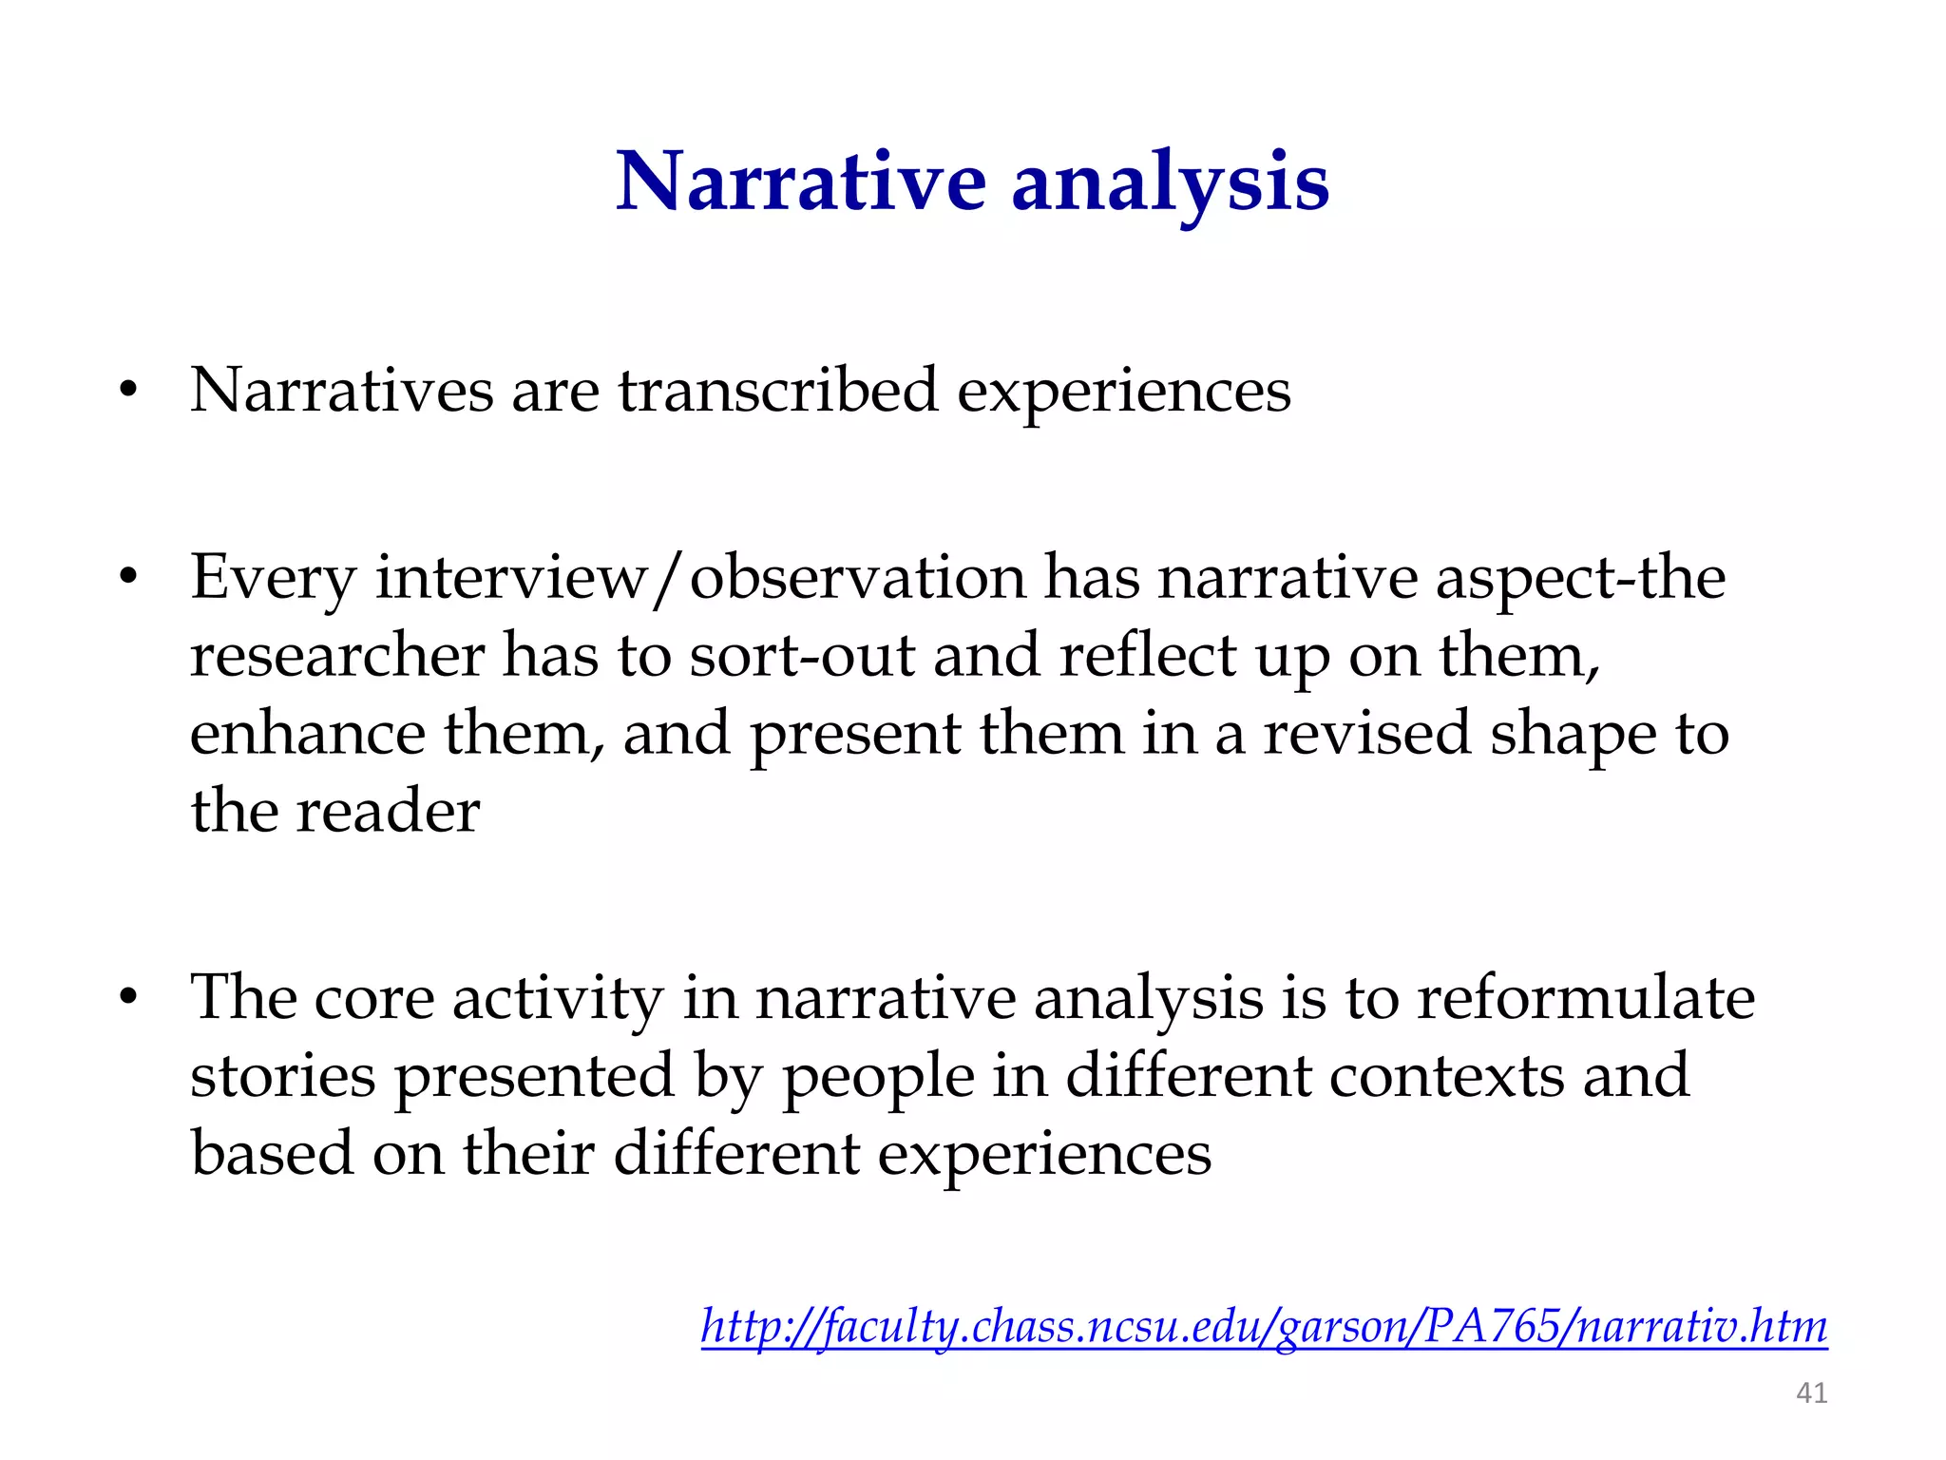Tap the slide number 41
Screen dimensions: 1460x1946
pos(1811,1393)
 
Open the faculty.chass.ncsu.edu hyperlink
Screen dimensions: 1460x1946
pos(1264,1326)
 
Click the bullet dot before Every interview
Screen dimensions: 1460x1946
pos(128,578)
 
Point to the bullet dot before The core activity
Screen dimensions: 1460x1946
pos(128,998)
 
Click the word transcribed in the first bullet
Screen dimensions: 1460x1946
pos(778,391)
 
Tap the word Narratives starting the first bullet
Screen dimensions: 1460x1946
pos(341,391)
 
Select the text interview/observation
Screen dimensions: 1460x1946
pos(701,578)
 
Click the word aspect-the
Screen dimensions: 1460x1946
pos(1580,578)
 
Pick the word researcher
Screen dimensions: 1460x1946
pos(337,656)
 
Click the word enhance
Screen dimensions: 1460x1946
pos(307,734)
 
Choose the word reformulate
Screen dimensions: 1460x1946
pos(1586,998)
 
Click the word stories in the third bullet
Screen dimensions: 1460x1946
pos(283,1076)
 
